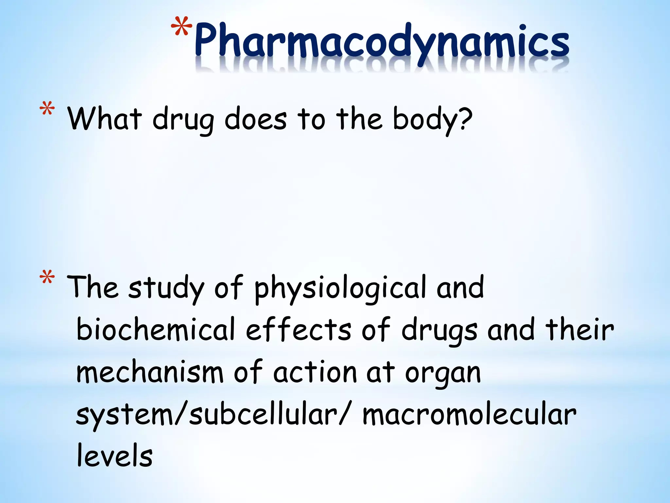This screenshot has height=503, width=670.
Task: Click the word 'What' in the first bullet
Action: pyautogui.click(x=105, y=119)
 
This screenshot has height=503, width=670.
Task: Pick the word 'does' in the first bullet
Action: pyautogui.click(x=256, y=119)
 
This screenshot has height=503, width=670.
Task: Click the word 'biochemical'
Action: pyautogui.click(x=156, y=329)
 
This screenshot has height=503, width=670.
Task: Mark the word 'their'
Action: pyautogui.click(x=579, y=329)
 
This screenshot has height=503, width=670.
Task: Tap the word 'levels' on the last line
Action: pyautogui.click(x=115, y=456)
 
